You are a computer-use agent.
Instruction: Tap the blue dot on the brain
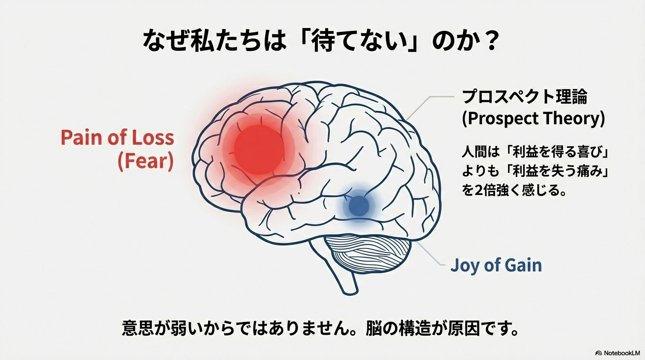click(x=359, y=205)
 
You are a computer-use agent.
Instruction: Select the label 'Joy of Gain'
click(x=496, y=265)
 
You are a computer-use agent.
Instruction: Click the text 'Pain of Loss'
click(x=117, y=138)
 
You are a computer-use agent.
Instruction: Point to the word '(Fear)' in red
click(x=145, y=162)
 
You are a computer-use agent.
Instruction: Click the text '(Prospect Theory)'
click(x=533, y=119)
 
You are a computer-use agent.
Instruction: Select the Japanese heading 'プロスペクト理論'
click(x=525, y=97)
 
